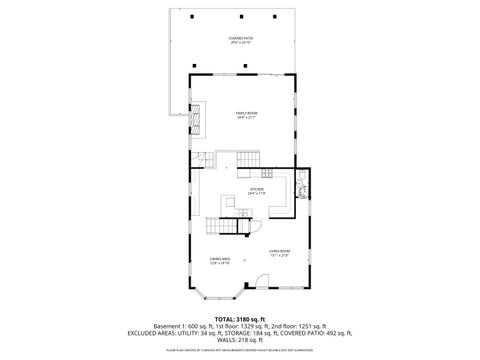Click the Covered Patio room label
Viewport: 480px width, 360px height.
[x=240, y=40]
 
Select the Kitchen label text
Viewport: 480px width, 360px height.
[x=257, y=191]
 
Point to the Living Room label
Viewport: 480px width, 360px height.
[x=279, y=252]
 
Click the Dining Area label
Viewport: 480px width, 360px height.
[x=221, y=262]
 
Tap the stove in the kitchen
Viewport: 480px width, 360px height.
[x=300, y=190]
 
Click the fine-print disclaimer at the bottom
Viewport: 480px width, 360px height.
[x=240, y=350]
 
